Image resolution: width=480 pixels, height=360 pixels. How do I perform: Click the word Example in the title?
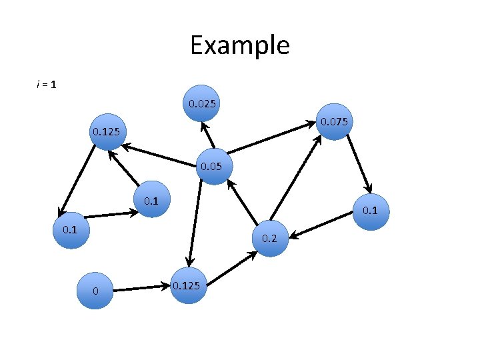point(239,45)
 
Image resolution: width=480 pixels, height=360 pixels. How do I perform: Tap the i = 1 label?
point(46,85)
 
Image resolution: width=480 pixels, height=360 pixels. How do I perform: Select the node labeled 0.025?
point(201,103)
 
